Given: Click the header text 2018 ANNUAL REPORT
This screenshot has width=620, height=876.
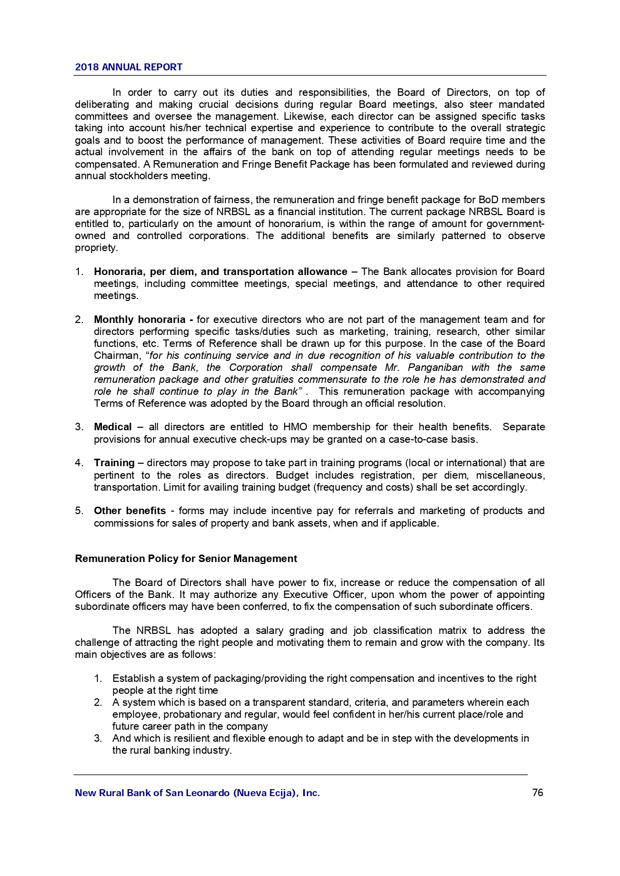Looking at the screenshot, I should pyautogui.click(x=128, y=67).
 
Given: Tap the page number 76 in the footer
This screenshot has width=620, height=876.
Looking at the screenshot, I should pyautogui.click(x=538, y=793).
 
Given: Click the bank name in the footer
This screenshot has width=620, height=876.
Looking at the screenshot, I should pyautogui.click(x=197, y=793).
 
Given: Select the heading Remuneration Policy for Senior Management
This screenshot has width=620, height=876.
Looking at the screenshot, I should pyautogui.click(x=186, y=559).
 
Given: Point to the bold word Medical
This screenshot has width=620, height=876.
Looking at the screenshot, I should pyautogui.click(x=113, y=427).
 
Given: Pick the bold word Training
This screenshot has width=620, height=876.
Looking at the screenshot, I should pyautogui.click(x=114, y=463).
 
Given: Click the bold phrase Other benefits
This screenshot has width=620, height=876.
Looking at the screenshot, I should pyautogui.click(x=130, y=511).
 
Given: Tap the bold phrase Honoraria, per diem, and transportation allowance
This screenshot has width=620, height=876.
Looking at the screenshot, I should pyautogui.click(x=220, y=272).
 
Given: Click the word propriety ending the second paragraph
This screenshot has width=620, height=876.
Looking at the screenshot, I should pyautogui.click(x=95, y=248).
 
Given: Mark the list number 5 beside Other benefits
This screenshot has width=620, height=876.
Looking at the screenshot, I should pyautogui.click(x=78, y=511).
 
